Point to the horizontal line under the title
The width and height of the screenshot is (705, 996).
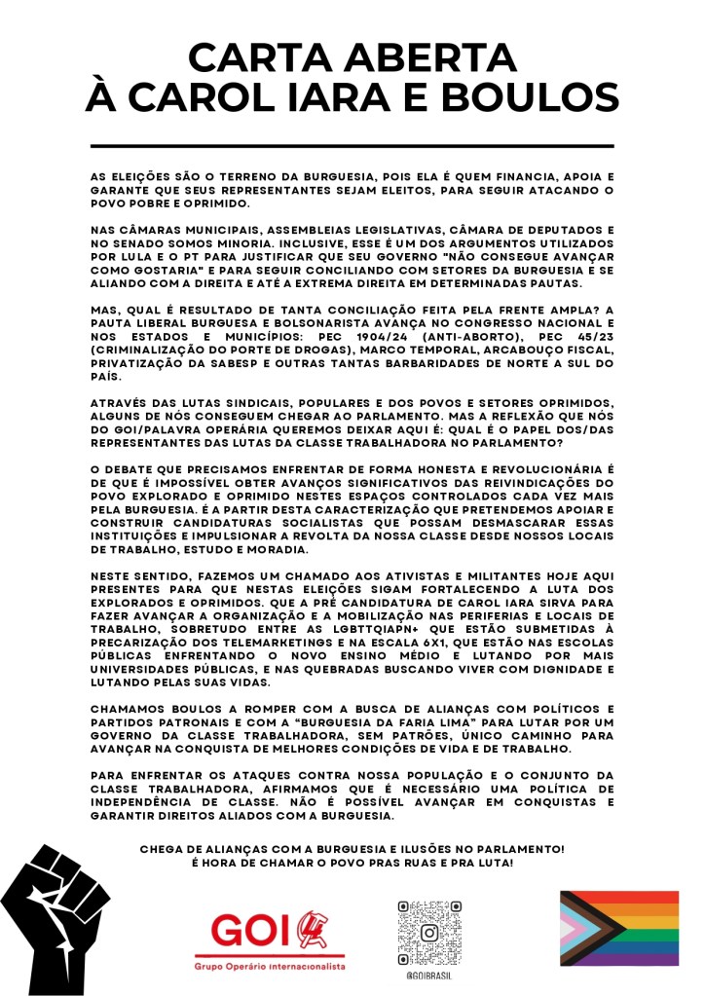(x=352, y=146)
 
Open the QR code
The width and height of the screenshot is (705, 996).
(x=427, y=933)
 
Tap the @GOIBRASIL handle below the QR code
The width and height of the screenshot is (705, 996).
(x=427, y=976)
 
